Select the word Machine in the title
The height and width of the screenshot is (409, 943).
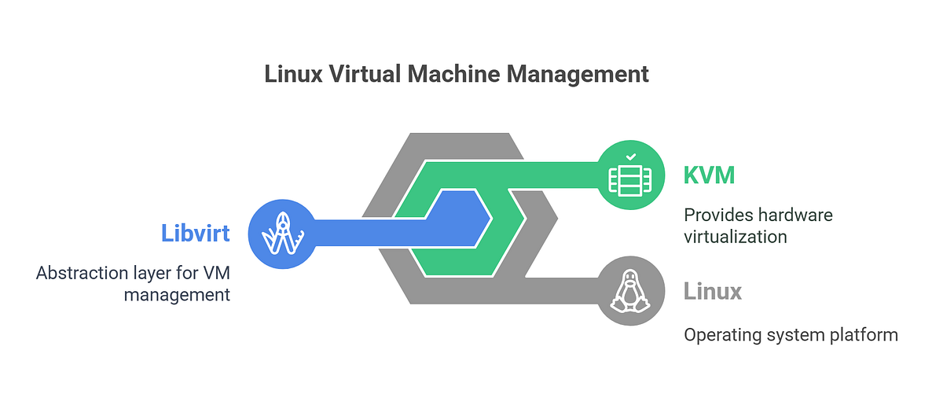point(454,74)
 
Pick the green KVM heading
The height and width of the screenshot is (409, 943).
point(709,175)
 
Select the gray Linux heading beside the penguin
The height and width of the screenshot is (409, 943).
point(713,292)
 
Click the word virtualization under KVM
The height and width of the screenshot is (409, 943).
point(736,237)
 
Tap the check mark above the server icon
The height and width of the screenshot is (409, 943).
point(630,157)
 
